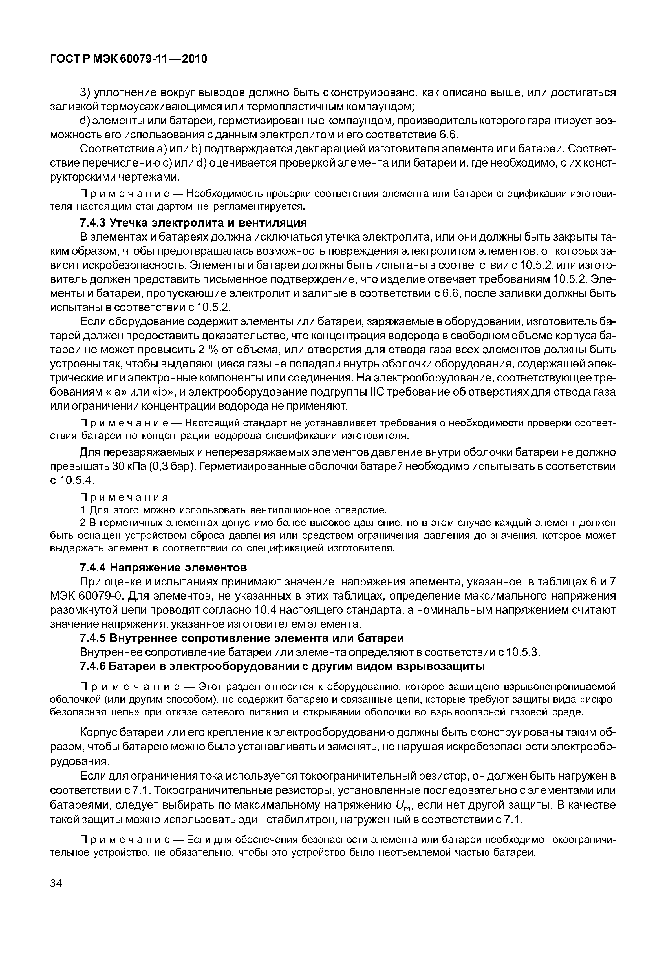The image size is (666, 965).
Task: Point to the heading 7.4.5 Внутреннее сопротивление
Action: tap(242, 638)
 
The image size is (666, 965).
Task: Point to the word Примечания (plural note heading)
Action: tap(124, 498)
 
